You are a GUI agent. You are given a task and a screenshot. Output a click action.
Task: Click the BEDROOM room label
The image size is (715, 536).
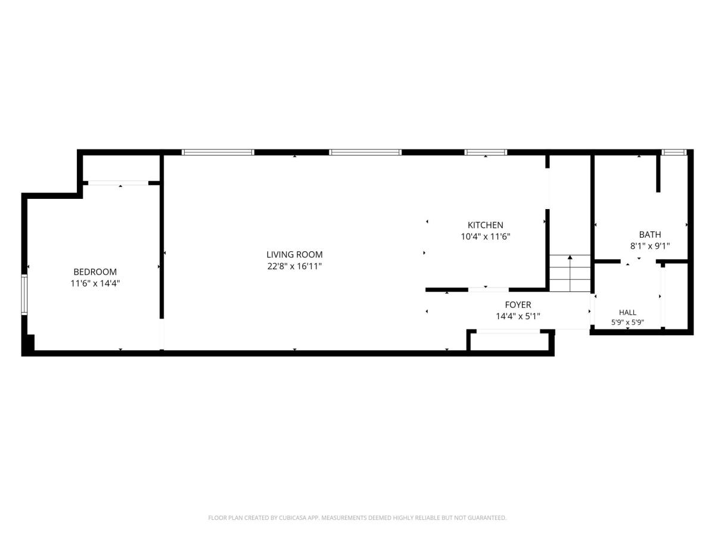(95, 272)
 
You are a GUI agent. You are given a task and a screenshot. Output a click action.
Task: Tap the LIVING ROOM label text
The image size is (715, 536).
(294, 254)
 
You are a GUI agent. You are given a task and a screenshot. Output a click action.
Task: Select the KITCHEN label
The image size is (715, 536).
(485, 225)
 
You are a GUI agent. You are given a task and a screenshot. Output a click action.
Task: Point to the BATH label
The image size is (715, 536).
(649, 234)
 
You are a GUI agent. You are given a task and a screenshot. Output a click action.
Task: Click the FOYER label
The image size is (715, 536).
(518, 304)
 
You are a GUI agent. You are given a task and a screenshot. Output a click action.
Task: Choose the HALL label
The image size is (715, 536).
(627, 313)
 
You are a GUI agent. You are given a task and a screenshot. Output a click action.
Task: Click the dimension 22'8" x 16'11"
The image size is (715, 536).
(294, 266)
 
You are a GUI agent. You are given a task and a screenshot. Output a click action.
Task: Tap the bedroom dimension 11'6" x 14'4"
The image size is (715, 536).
(95, 283)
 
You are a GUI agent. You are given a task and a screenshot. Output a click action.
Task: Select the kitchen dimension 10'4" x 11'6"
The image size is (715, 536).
(485, 236)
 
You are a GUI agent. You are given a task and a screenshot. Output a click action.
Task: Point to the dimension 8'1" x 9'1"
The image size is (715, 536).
(649, 246)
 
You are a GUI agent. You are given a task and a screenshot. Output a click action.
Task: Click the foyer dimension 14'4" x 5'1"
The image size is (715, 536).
(518, 316)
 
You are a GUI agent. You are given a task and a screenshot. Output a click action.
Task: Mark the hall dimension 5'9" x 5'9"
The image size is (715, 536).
(627, 323)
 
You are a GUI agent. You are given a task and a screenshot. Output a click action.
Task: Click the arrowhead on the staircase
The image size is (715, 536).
(570, 257)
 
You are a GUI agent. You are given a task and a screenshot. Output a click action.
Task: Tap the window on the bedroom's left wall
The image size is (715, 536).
(24, 295)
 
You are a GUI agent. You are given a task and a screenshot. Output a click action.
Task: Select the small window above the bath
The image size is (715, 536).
(674, 152)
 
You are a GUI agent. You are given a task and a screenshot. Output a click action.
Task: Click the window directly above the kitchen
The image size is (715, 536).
(486, 152)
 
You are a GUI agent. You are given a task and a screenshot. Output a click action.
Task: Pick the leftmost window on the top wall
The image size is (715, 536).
(217, 152)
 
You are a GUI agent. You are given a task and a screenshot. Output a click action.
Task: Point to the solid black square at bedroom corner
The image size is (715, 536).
(29, 342)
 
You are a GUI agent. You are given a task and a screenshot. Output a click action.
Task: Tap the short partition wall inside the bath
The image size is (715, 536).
(658, 173)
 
